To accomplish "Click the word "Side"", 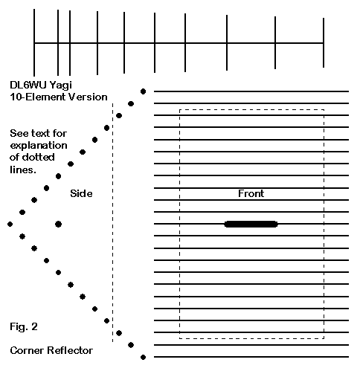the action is click(81, 193).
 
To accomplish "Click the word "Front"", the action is click(251, 193).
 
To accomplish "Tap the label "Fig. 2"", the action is click(24, 326).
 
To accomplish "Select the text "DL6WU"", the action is click(28, 85).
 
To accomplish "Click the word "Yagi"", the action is click(61, 86).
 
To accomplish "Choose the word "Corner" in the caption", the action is click(27, 350).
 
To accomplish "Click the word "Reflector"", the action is click(70, 350).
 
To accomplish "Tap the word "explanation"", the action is click(39, 146).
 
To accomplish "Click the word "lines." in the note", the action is click(23, 170).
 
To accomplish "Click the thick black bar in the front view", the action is click(251, 224).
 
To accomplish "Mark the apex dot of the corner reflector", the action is click(10, 224).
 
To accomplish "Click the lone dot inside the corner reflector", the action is click(58, 224).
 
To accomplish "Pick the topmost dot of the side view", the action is click(143, 91).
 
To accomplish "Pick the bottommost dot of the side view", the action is click(143, 357).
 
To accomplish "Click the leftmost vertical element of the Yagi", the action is click(34, 42).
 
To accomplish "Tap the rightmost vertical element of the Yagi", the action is click(324, 42).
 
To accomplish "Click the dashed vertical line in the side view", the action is click(112, 222).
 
